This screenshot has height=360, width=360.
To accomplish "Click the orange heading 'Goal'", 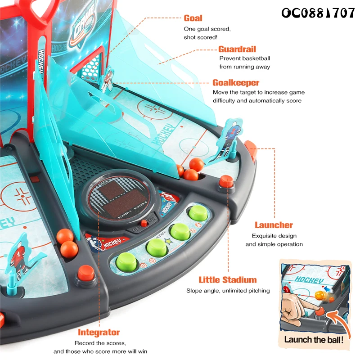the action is (x=193, y=18).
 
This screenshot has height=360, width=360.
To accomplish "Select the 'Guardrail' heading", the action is (x=237, y=49).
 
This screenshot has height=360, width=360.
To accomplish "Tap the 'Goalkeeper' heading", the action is (x=236, y=83).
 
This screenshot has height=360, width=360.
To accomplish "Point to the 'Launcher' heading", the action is (x=274, y=225).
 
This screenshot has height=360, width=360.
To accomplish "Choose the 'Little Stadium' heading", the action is (x=228, y=280).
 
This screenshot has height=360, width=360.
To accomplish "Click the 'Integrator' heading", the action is (x=99, y=333).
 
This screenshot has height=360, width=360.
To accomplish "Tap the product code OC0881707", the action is (x=318, y=13).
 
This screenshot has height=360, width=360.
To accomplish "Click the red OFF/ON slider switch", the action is (x=144, y=223).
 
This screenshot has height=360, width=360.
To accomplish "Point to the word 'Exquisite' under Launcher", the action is (x=266, y=235).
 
